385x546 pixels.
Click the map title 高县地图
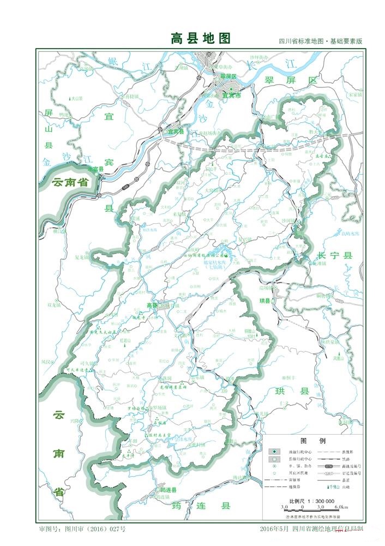(x=201, y=38)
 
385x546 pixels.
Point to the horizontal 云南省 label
(x=71, y=183)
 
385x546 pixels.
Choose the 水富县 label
(x=94, y=170)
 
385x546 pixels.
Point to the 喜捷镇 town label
(x=131, y=96)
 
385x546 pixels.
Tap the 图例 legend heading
(x=313, y=440)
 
